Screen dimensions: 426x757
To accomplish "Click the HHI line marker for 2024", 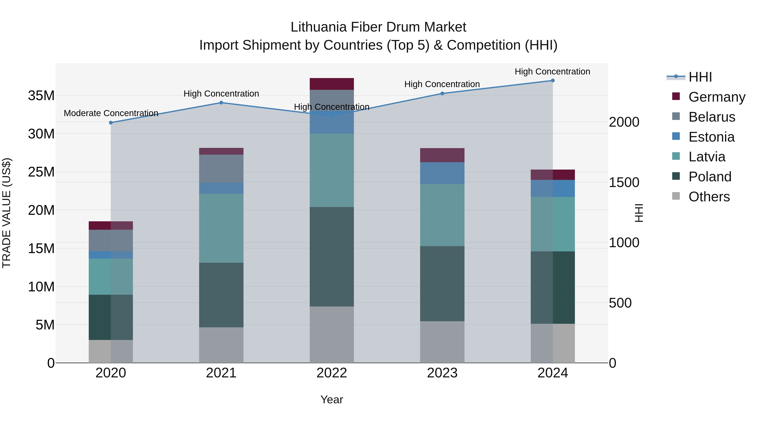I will (552, 81).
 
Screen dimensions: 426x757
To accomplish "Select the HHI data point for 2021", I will (221, 103).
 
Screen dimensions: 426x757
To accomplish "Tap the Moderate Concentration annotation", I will (111, 113).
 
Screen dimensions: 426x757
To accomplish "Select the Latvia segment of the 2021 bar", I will (221, 228).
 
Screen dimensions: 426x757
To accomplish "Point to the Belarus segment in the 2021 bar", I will (221, 169).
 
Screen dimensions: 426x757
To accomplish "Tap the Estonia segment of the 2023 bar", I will (442, 173).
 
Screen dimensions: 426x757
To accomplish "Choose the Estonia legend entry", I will (711, 137).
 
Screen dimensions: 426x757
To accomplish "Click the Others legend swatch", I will (676, 196).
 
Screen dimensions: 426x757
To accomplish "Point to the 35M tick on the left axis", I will (41, 96).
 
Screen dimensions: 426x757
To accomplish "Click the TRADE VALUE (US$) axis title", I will (7, 213).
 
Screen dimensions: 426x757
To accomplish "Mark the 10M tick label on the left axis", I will (41, 287).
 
